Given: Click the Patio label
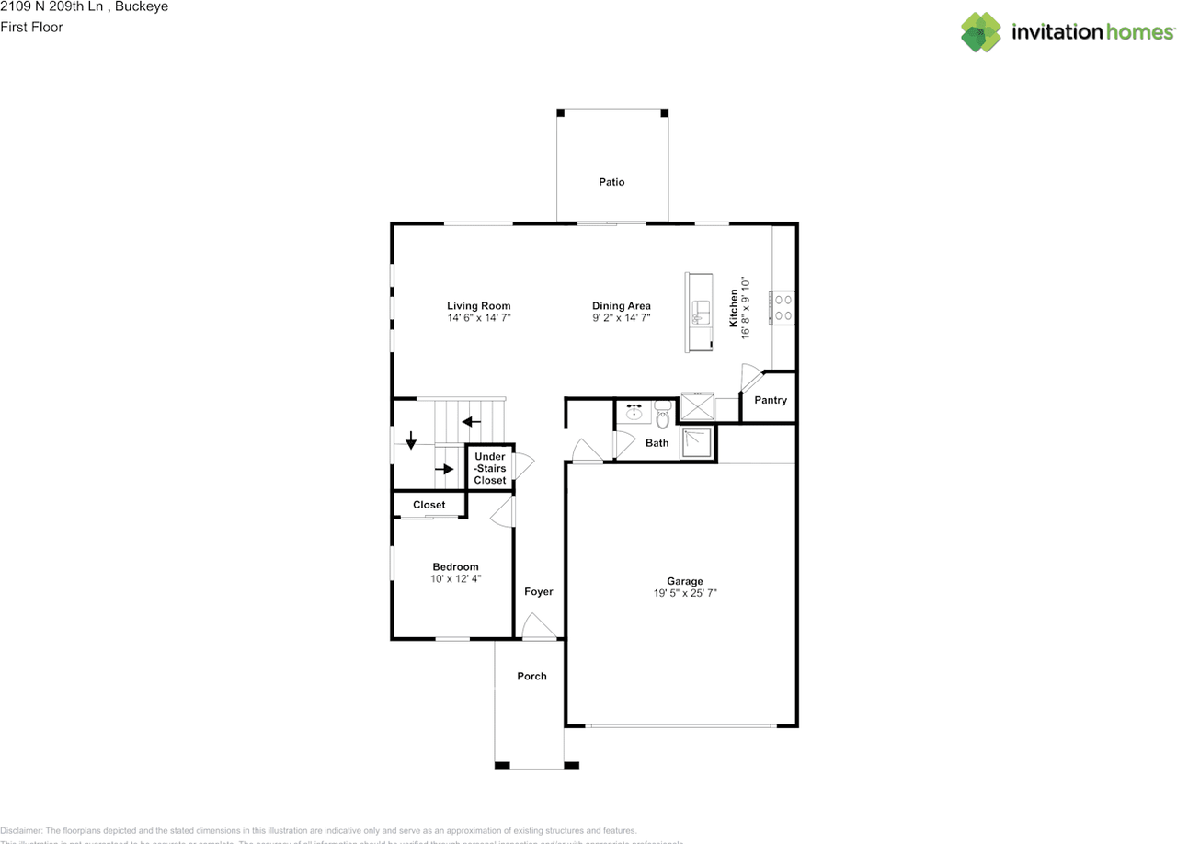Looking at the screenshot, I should click(x=611, y=182).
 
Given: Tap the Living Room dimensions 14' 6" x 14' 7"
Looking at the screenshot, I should click(x=478, y=318).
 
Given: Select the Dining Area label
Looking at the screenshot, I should click(x=622, y=306).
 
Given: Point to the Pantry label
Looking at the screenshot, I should click(x=770, y=400).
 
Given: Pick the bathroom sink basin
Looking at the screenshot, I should click(x=634, y=413).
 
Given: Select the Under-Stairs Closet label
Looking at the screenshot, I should click(x=490, y=468).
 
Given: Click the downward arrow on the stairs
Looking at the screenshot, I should click(x=410, y=441).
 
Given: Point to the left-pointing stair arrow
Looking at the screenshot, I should click(x=471, y=422).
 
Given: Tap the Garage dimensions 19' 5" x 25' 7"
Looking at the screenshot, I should click(x=684, y=594).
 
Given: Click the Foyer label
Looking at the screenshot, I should click(x=539, y=591).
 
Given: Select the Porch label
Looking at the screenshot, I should click(x=531, y=676).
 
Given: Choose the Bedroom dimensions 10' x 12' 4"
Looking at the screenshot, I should click(x=455, y=579).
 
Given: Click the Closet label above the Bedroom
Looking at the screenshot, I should click(x=429, y=505).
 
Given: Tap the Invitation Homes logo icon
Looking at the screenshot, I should click(x=981, y=32).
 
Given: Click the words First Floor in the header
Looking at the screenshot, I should click(x=31, y=27).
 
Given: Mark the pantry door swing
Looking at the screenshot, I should click(x=752, y=378).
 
